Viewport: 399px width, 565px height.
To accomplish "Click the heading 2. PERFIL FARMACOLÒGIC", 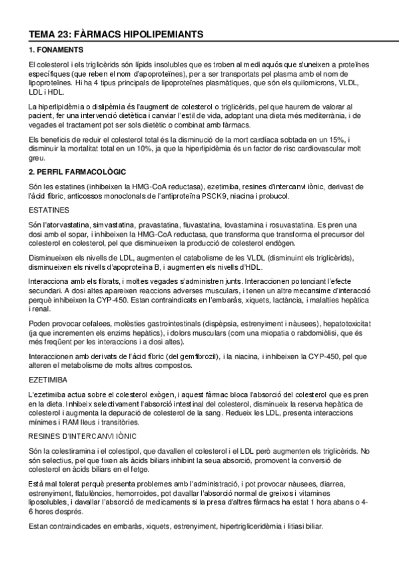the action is click(78, 172).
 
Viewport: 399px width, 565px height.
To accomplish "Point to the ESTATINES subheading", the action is click(49, 209).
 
